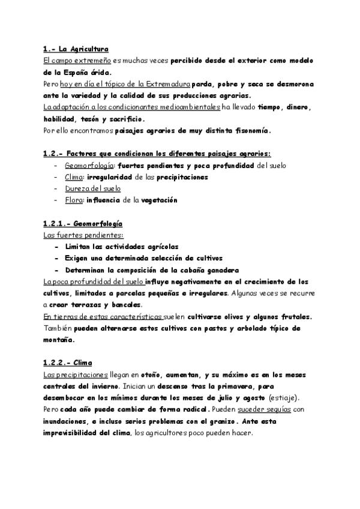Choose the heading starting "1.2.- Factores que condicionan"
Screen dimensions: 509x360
[x=157, y=153]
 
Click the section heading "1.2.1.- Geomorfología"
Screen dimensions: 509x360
[x=84, y=223]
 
